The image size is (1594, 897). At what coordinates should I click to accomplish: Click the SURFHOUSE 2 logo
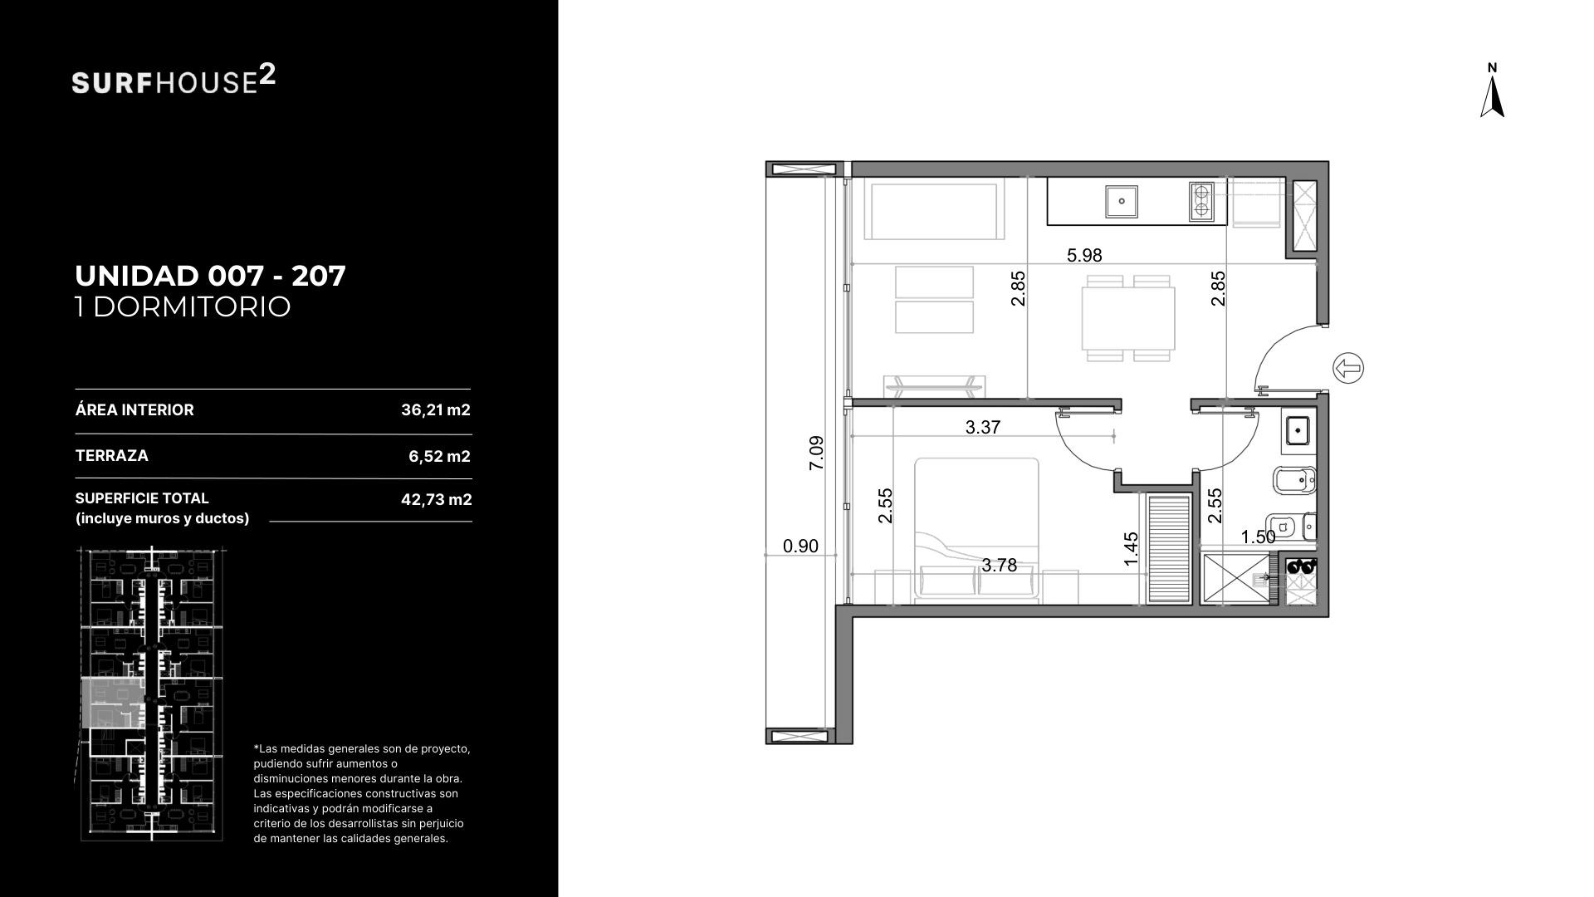click(x=174, y=80)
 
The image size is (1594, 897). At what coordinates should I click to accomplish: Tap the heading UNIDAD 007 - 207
click(x=210, y=276)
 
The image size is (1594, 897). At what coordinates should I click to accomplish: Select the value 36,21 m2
click(x=436, y=409)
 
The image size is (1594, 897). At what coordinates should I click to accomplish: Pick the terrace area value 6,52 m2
click(x=439, y=456)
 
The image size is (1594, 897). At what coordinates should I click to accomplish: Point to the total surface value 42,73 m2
click(x=437, y=499)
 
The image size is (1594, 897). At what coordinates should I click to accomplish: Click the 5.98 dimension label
click(x=1084, y=255)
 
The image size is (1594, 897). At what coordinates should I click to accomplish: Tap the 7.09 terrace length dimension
click(x=816, y=453)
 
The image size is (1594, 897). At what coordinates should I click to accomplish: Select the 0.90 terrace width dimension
click(x=800, y=546)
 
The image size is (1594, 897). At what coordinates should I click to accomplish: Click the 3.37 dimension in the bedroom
click(x=983, y=427)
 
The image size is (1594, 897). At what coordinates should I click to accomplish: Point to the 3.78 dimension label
click(x=999, y=565)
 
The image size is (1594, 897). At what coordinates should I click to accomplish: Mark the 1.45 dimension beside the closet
click(x=1131, y=550)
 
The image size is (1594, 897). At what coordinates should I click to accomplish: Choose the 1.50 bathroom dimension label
click(x=1258, y=537)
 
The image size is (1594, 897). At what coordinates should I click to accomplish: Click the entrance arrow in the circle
click(x=1348, y=367)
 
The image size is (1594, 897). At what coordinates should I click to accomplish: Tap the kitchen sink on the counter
click(x=1121, y=201)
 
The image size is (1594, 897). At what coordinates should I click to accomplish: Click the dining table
click(x=1128, y=318)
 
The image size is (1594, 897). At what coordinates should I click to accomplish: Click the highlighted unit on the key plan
click(x=113, y=703)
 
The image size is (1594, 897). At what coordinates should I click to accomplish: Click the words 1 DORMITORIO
click(x=183, y=306)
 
